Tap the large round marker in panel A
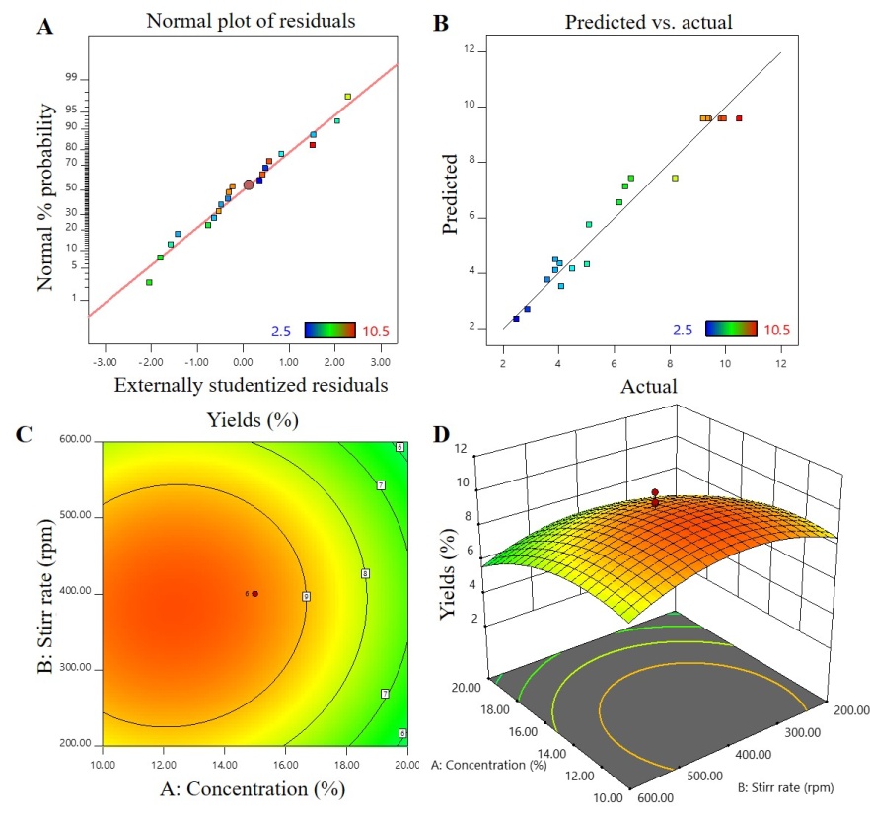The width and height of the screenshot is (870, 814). click(249, 185)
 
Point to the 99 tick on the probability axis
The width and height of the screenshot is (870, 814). click(71, 79)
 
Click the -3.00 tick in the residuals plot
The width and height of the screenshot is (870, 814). click(105, 361)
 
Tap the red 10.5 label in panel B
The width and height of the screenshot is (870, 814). click(775, 330)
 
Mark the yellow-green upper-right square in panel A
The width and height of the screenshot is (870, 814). click(347, 96)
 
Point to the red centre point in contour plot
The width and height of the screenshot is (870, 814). click(254, 594)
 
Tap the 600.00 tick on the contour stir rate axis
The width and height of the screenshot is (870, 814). click(77, 441)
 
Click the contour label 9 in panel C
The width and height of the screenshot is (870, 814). click(306, 597)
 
